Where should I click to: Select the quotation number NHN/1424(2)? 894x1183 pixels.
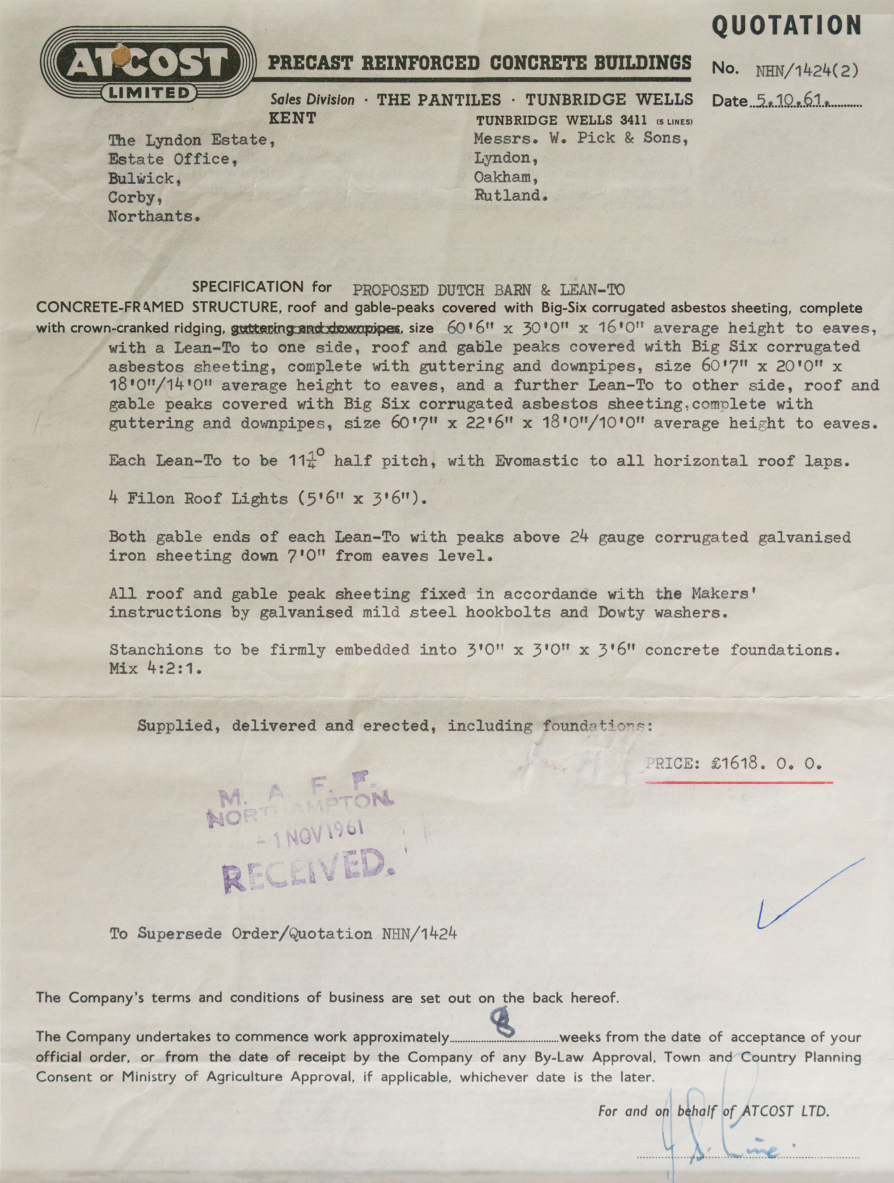click(807, 71)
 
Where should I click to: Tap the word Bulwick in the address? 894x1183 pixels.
click(141, 179)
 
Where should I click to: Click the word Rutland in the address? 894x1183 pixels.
click(510, 196)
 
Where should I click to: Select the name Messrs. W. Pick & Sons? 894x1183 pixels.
click(581, 139)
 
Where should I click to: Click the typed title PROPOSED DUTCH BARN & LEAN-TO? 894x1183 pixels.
click(488, 291)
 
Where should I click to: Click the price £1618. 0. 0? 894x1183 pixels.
click(766, 764)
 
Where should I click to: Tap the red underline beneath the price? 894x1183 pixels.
click(738, 782)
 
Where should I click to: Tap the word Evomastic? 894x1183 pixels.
click(536, 461)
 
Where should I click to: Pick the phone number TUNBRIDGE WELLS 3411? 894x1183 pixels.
click(561, 121)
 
